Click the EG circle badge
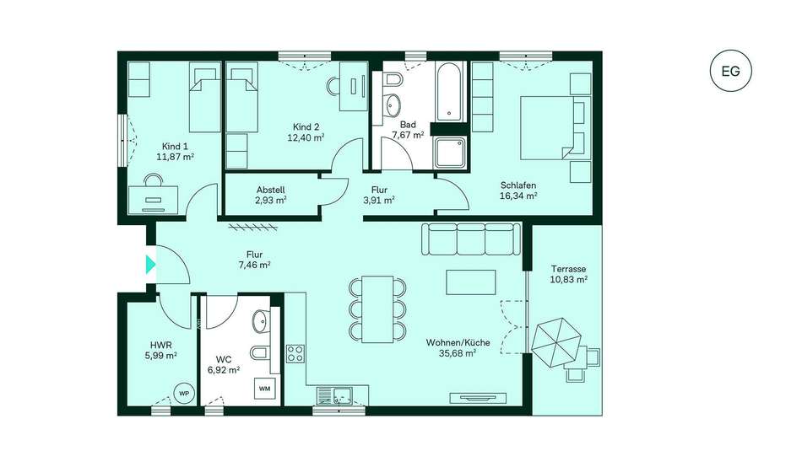coord(731,71)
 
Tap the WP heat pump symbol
coord(184,393)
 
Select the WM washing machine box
coord(264,389)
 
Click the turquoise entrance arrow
coord(150,265)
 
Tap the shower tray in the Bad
coord(450,153)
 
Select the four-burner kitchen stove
coord(295,353)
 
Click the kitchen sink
coord(334,395)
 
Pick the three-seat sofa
coord(471,239)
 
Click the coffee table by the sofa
coord(470,282)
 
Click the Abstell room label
coord(271,190)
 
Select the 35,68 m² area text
coord(458,353)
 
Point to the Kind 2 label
coord(306,126)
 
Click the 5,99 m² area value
coord(161,356)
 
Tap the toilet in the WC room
coord(260,352)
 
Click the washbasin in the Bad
coord(393,105)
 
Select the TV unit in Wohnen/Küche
coord(478,398)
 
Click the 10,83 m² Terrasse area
coord(569,280)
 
